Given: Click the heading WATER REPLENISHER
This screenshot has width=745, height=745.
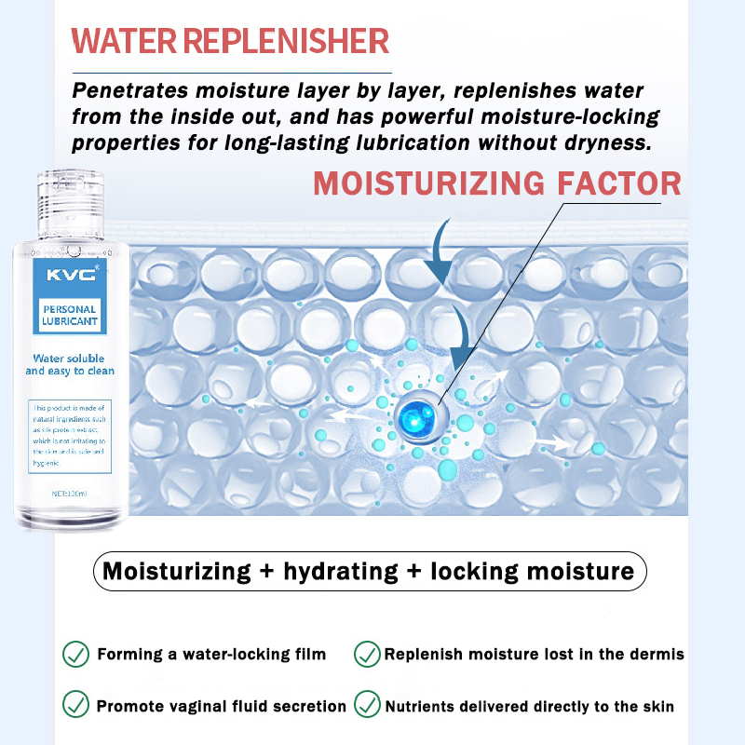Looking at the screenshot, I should tap(230, 41).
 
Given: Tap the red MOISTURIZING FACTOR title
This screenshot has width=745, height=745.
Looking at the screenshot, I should tap(496, 183).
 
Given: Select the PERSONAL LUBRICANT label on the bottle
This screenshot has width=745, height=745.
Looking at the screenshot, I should tap(70, 315).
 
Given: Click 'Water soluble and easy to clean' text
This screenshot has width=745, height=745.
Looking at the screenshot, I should tap(70, 364).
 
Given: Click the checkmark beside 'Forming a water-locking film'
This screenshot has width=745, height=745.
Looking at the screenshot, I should tap(76, 654).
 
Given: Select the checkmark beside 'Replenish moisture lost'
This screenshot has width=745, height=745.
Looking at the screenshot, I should tap(367, 654).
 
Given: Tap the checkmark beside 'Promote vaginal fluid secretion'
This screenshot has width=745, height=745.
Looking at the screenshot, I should tap(76, 704).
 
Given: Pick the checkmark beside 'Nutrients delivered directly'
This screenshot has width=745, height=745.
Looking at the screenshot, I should tap(367, 704).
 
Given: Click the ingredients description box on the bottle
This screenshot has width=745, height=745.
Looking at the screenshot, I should tap(69, 433).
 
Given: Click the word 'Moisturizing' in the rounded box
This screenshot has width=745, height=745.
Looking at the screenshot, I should tap(175, 571).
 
